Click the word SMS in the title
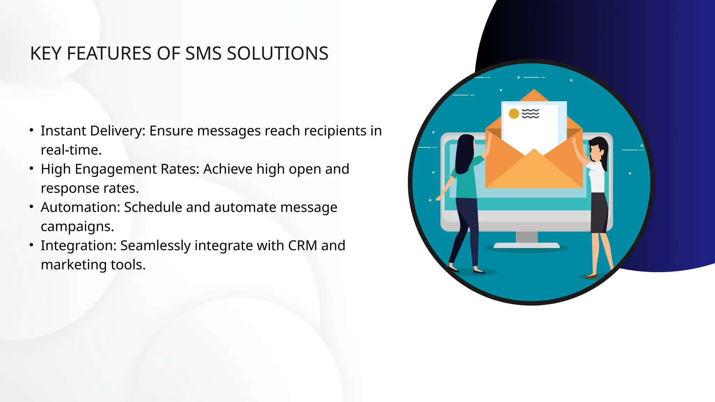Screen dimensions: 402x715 [203, 54]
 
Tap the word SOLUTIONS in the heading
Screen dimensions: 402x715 [278, 54]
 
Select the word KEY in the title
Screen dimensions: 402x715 [46, 54]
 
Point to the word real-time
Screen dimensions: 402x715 [71, 150]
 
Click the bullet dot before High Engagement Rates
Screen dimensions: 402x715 [31, 169]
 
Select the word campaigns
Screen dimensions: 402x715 [77, 227]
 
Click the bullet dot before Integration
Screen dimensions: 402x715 [31, 245]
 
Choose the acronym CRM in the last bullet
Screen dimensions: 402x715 [303, 246]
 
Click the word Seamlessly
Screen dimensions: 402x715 [155, 246]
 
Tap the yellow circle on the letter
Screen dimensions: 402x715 [514, 114]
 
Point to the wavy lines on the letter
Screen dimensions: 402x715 [530, 114]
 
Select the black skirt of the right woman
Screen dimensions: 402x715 [599, 213]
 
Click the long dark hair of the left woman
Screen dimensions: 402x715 [464, 154]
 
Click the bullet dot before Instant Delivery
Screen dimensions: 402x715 [31, 131]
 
